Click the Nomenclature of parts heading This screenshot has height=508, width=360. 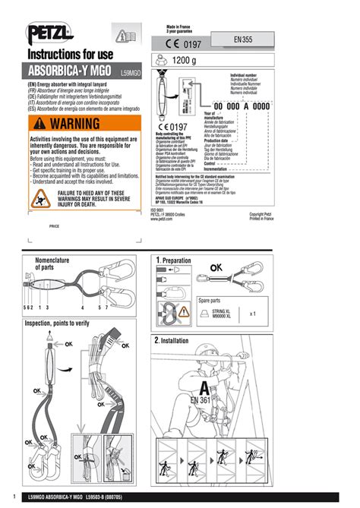55,263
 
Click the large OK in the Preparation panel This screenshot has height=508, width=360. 216,267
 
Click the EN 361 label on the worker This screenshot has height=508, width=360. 201,399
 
